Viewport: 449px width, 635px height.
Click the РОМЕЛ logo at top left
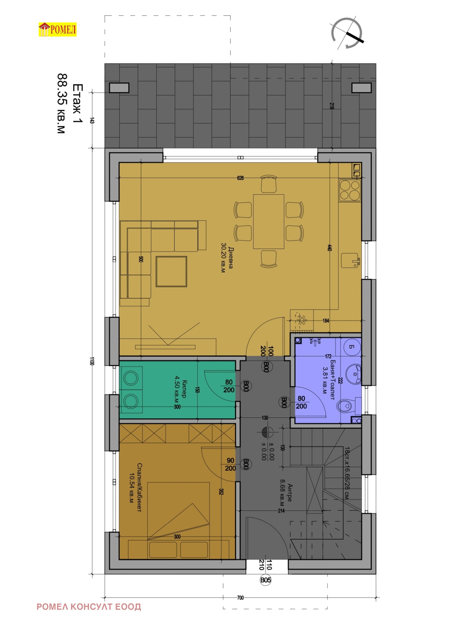(x=58, y=29)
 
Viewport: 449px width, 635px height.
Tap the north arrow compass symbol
(x=347, y=33)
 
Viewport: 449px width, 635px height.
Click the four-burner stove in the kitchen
(x=350, y=190)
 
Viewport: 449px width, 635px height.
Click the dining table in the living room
(x=269, y=221)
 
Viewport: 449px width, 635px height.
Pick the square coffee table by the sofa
(x=171, y=271)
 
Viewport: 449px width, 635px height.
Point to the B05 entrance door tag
(x=265, y=580)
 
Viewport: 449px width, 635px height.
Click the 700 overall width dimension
(x=240, y=598)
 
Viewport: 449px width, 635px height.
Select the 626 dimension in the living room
(x=240, y=178)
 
